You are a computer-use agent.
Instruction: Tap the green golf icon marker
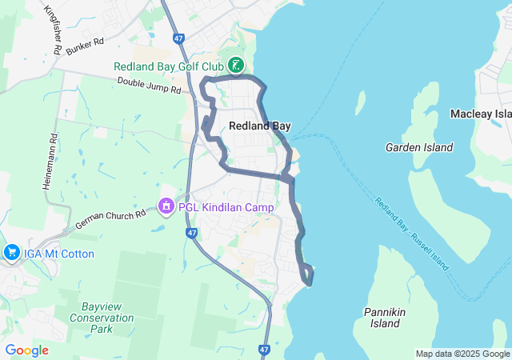click(x=236, y=66)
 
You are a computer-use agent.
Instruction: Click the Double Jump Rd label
click(x=149, y=86)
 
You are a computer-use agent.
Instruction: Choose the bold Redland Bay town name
click(x=260, y=126)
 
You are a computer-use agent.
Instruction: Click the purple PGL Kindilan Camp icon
click(x=166, y=207)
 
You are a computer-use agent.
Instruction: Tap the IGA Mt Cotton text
click(x=59, y=254)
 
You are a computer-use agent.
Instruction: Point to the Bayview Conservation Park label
click(x=111, y=318)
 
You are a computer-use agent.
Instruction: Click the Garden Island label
click(x=419, y=147)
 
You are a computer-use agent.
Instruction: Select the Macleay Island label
click(x=481, y=114)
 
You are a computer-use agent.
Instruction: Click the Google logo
click(x=26, y=350)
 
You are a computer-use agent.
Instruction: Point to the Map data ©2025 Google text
click(x=462, y=354)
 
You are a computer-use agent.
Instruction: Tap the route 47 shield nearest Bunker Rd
click(x=178, y=38)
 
